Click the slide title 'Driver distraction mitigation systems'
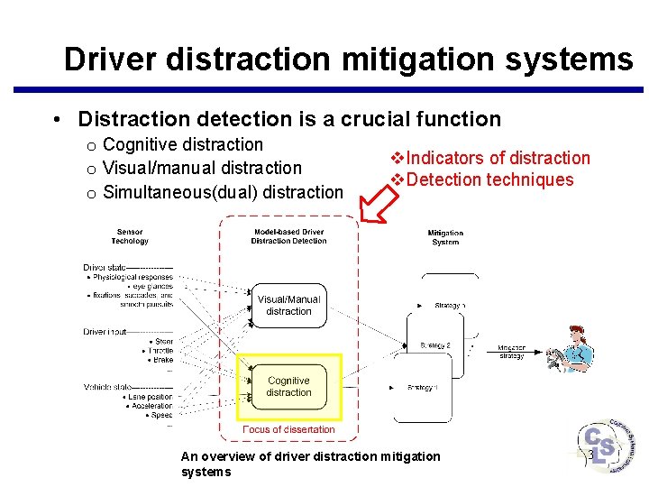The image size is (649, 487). [x=348, y=60]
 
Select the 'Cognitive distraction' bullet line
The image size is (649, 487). [x=182, y=144]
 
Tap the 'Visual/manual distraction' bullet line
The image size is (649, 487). [x=202, y=168]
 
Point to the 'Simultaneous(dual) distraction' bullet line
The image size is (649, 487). [x=223, y=191]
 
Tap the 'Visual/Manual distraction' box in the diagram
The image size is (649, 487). [x=288, y=306]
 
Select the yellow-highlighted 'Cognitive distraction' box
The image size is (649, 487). [x=288, y=387]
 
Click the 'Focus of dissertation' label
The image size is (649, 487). [x=288, y=429]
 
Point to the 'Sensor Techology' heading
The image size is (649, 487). [x=130, y=236]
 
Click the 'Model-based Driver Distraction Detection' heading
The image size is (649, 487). [x=288, y=236]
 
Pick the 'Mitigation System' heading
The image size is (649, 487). [x=445, y=237]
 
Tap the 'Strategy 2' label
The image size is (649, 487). [x=435, y=345]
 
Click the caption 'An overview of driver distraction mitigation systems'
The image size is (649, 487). [x=311, y=464]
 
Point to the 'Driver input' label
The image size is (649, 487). [x=105, y=332]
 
